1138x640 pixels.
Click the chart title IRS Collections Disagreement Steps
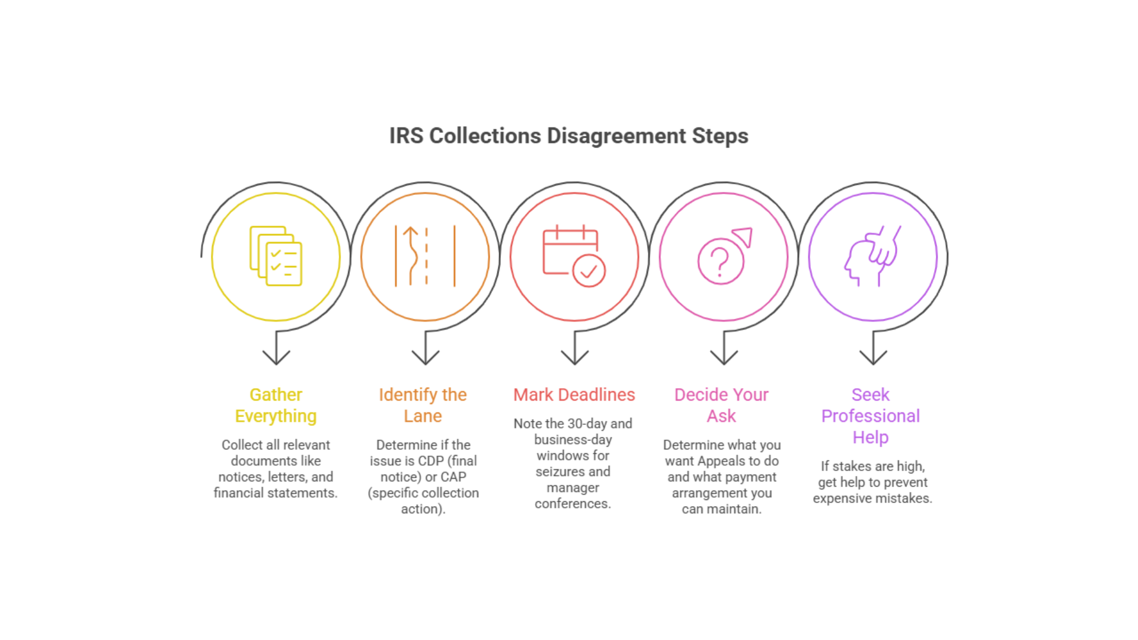pos(568,136)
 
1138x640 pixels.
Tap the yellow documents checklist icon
pos(276,256)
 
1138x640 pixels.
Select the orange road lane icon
pos(425,256)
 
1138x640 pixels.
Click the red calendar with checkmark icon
pos(574,256)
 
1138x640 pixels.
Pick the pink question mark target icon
pos(724,256)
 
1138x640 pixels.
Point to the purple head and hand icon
pos(872,256)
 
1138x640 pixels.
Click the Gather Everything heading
pos(276,405)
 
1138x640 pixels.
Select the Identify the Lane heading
pos(423,405)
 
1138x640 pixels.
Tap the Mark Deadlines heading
pos(574,395)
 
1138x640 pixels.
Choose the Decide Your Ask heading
pos(721,405)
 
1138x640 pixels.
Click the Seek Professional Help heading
pos(870,416)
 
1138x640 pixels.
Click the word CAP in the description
pos(453,477)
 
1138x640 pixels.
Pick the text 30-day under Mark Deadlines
pos(587,424)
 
